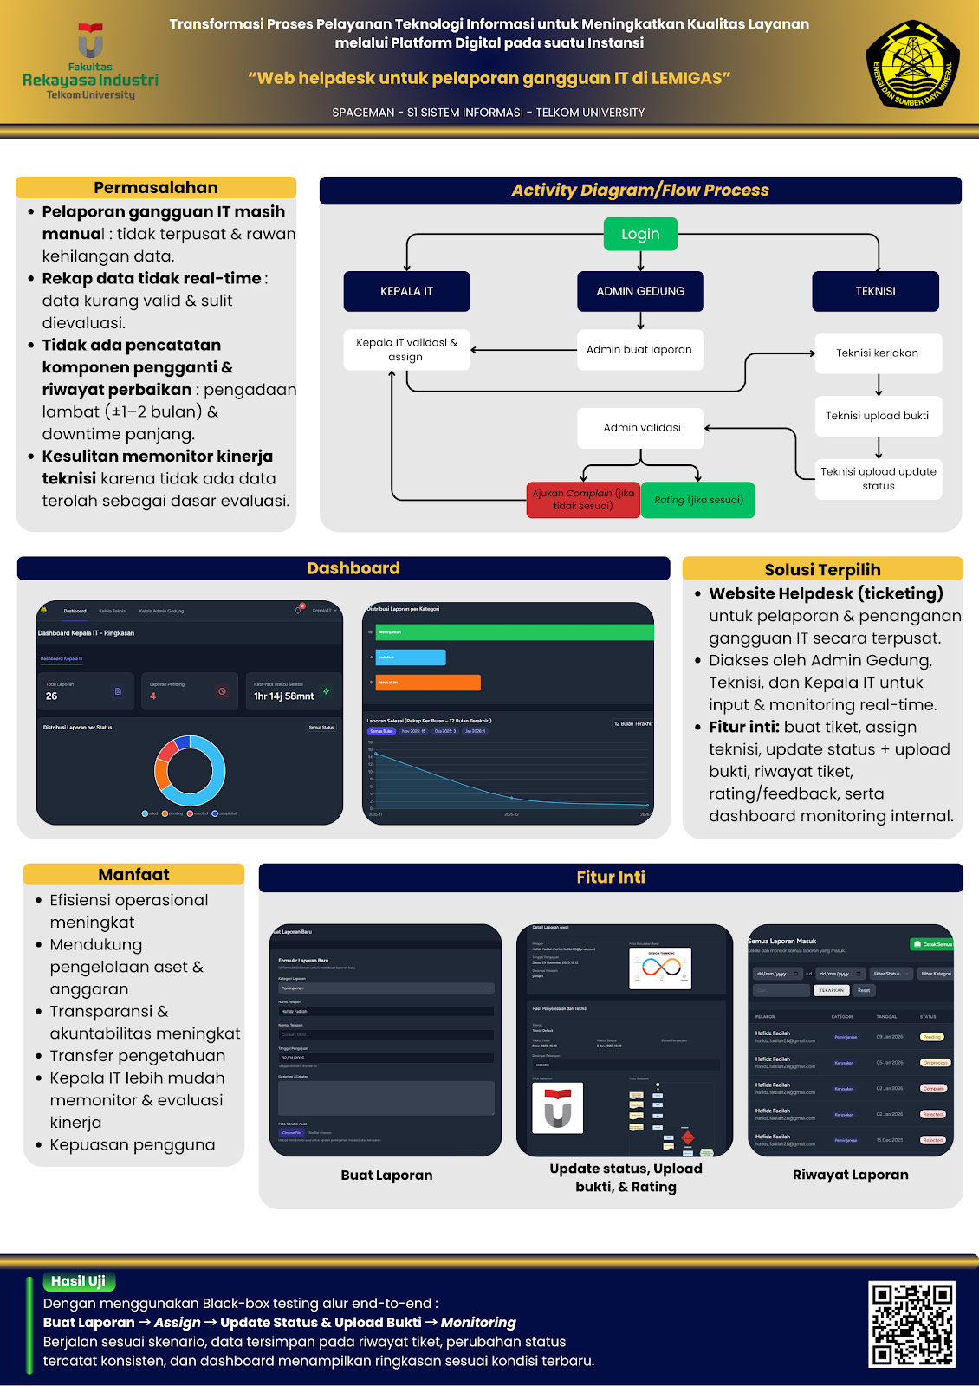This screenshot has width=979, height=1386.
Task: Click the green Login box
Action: pyautogui.click(x=640, y=234)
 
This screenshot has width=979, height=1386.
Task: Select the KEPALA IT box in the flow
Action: pyautogui.click(x=406, y=291)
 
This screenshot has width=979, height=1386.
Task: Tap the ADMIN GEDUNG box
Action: pyautogui.click(x=640, y=291)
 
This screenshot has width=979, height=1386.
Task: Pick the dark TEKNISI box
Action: pyautogui.click(x=875, y=291)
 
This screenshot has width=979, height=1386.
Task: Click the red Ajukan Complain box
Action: pyautogui.click(x=583, y=500)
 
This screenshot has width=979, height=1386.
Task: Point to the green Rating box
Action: pyautogui.click(x=698, y=500)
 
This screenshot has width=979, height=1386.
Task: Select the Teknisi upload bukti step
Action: pyautogui.click(x=878, y=416)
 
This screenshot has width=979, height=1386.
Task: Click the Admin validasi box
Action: pyautogui.click(x=641, y=428)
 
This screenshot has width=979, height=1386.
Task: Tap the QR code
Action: pyautogui.click(x=911, y=1324)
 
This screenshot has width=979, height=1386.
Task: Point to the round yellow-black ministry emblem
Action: pyautogui.click(x=913, y=65)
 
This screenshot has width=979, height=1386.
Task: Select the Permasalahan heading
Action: pyautogui.click(x=156, y=188)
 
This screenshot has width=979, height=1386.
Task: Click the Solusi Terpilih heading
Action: pyautogui.click(x=822, y=569)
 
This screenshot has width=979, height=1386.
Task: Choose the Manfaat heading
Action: pyautogui.click(x=133, y=875)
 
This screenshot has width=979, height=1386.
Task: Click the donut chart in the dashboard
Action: pyautogui.click(x=190, y=770)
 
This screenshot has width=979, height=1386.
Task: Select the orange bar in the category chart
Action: pyautogui.click(x=428, y=683)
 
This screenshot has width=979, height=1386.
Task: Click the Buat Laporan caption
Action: pyautogui.click(x=386, y=1176)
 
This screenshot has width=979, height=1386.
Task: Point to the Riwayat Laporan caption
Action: pyautogui.click(x=850, y=1175)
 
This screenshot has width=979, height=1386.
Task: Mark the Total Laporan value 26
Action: pyautogui.click(x=52, y=696)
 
